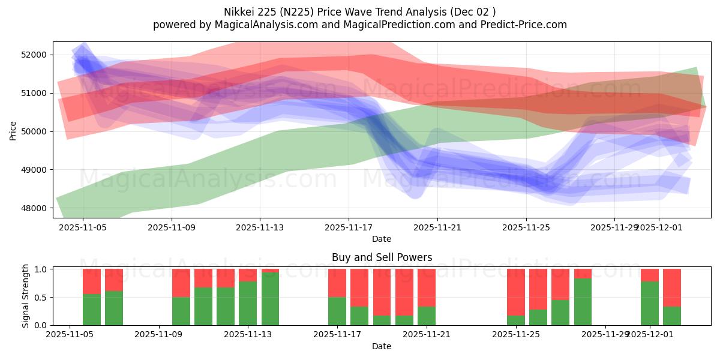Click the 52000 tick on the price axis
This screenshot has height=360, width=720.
34,55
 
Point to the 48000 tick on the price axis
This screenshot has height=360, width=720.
34,208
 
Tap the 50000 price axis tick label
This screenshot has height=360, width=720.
34,131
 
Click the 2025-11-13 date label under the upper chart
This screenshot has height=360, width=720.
260,228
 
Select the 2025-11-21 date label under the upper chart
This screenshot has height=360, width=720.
437,228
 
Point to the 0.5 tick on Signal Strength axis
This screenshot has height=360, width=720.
41,298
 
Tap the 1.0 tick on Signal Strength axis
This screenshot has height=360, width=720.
41,269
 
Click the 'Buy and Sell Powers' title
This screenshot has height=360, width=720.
382,257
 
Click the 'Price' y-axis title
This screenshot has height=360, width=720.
13,130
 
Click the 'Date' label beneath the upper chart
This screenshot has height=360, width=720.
382,239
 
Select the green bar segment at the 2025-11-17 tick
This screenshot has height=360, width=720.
337,311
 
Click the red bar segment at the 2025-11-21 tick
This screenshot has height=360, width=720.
426,287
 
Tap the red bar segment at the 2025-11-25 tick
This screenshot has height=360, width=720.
515,292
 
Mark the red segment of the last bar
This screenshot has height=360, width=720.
672,287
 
